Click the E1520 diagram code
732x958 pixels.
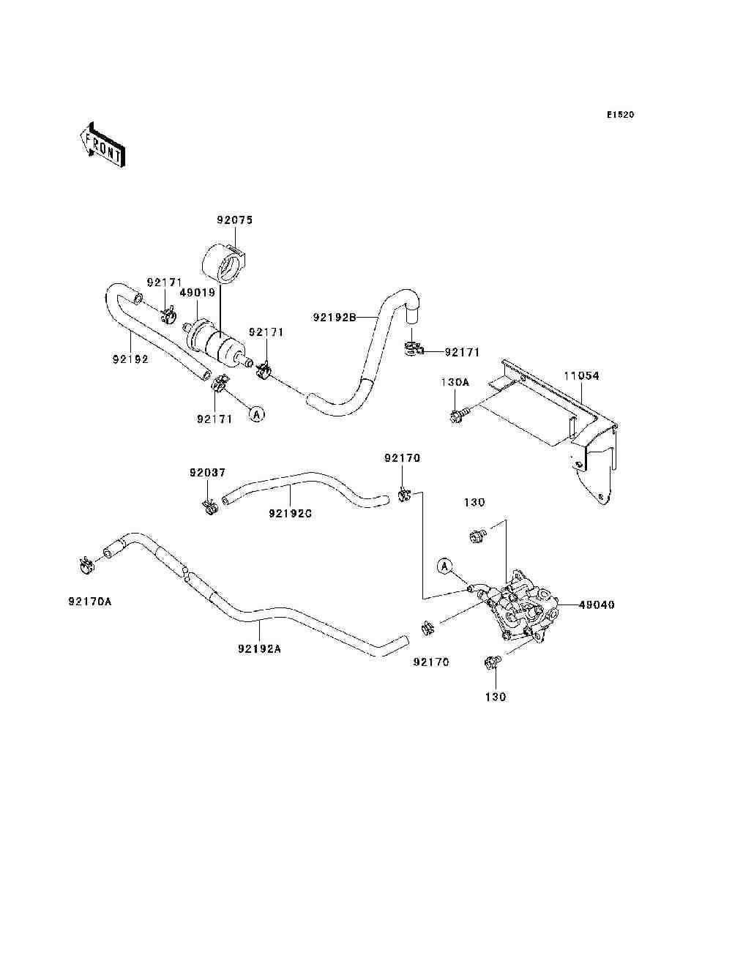pos(619,115)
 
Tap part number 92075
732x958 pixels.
pos(234,220)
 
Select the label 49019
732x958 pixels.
pos(198,293)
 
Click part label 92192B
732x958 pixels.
pos(334,318)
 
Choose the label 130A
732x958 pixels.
pos(455,383)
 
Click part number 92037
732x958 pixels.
pos(207,472)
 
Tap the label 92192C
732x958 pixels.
pos(290,514)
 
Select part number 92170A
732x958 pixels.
pos(90,602)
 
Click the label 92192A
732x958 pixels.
pos(259,648)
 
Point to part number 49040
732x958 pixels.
pos(597,605)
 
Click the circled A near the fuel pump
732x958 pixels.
pos(446,565)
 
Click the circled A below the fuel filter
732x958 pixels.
pos(256,414)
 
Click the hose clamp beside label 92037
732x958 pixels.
pos(210,506)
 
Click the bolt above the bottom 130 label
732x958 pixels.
pos(493,663)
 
